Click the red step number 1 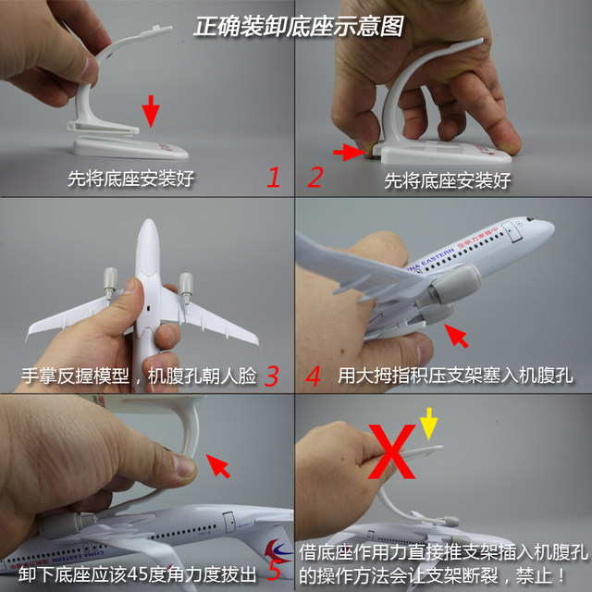[x=273, y=177]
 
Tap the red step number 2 [x=314, y=177]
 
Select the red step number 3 [x=271, y=376]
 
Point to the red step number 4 [x=314, y=376]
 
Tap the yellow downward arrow [x=427, y=425]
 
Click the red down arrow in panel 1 [x=151, y=114]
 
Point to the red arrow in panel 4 [x=457, y=335]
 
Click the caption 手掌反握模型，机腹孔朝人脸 [x=139, y=377]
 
